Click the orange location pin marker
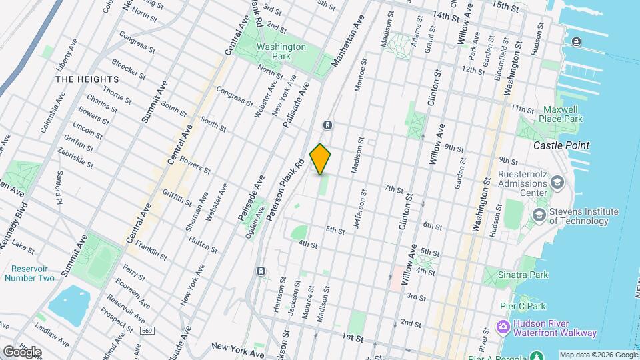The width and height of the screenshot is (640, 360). [x=321, y=159]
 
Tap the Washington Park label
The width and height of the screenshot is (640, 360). [x=281, y=52]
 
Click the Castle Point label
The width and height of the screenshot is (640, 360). [x=561, y=145]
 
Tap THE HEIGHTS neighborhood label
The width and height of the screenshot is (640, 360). [x=87, y=79]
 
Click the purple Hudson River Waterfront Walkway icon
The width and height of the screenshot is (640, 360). [x=503, y=327]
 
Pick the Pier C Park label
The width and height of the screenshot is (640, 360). [x=524, y=307]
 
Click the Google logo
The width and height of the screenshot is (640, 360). [x=21, y=351]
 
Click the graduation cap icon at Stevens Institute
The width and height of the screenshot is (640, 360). [x=538, y=215]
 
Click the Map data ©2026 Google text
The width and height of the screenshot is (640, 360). [x=597, y=355]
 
